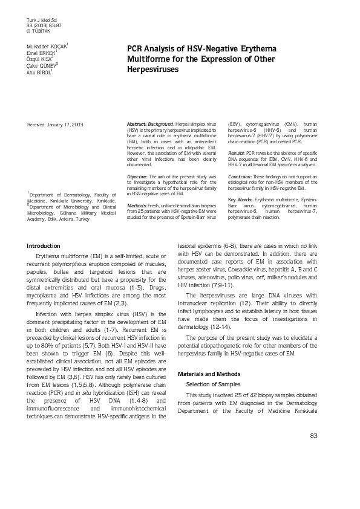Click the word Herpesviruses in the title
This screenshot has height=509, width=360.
[153, 70]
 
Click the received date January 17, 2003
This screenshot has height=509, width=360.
[65, 124]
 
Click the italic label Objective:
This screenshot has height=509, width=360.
[138, 174]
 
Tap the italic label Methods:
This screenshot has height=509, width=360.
[137, 205]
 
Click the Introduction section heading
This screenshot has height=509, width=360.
[44, 246]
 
